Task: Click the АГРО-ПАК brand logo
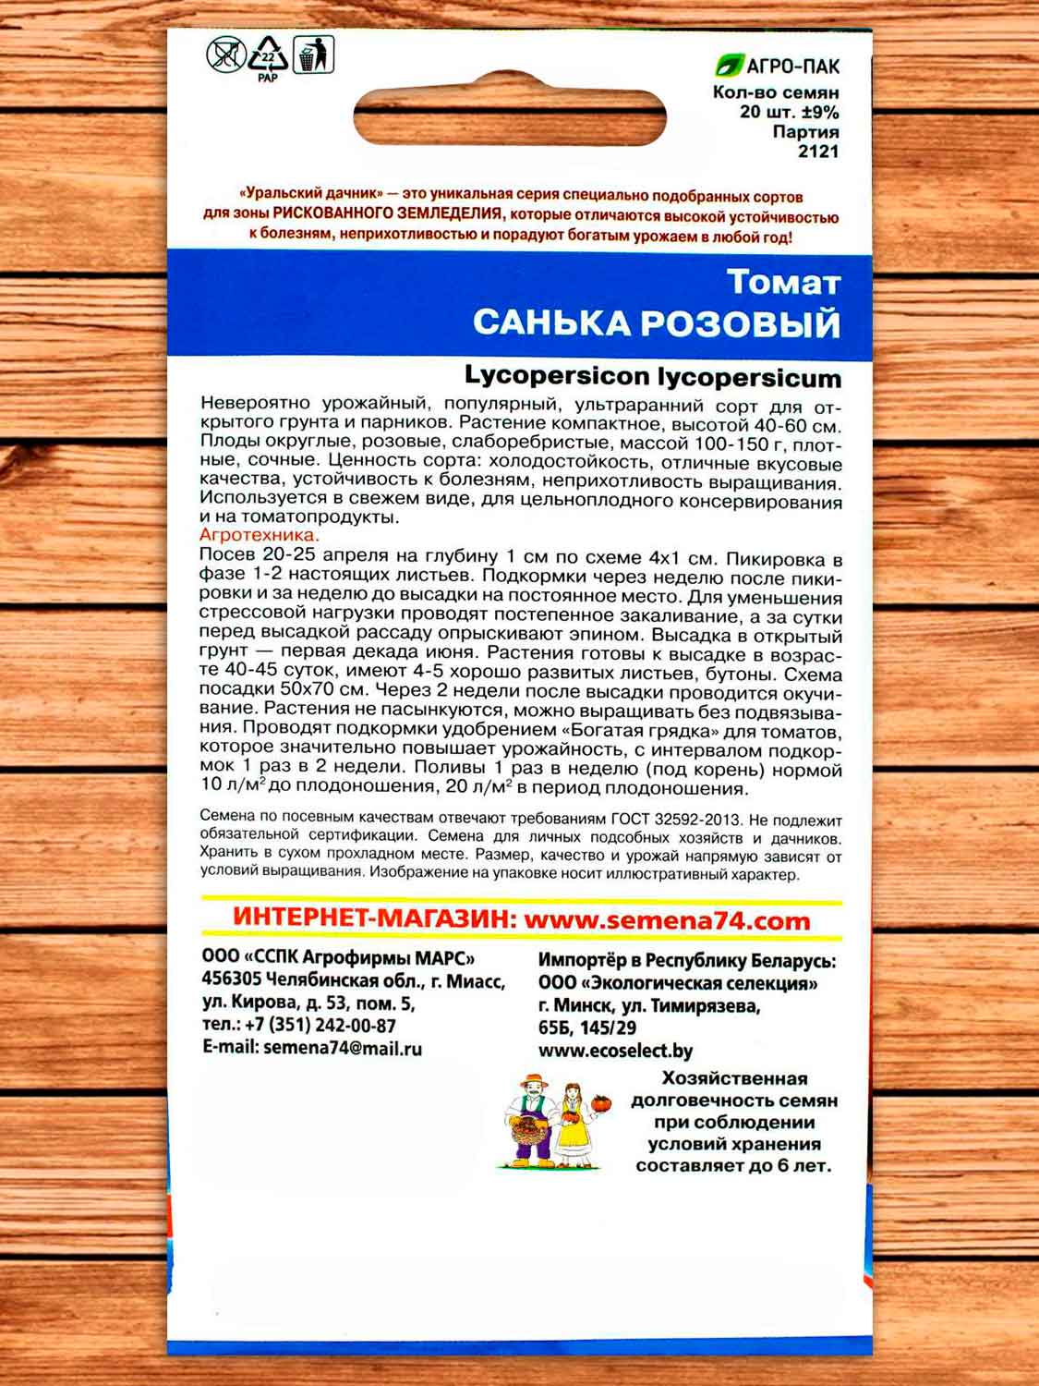778,67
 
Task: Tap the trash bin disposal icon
313,55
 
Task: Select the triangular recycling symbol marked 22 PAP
268,57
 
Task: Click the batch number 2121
818,152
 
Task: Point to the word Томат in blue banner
783,282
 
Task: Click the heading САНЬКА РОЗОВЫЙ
657,323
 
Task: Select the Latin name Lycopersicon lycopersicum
653,377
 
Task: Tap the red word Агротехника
260,535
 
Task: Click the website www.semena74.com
666,920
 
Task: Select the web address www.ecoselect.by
615,1050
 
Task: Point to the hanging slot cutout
510,116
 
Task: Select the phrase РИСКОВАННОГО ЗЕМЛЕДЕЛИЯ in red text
388,213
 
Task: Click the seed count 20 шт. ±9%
789,113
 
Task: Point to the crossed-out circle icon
224,55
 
